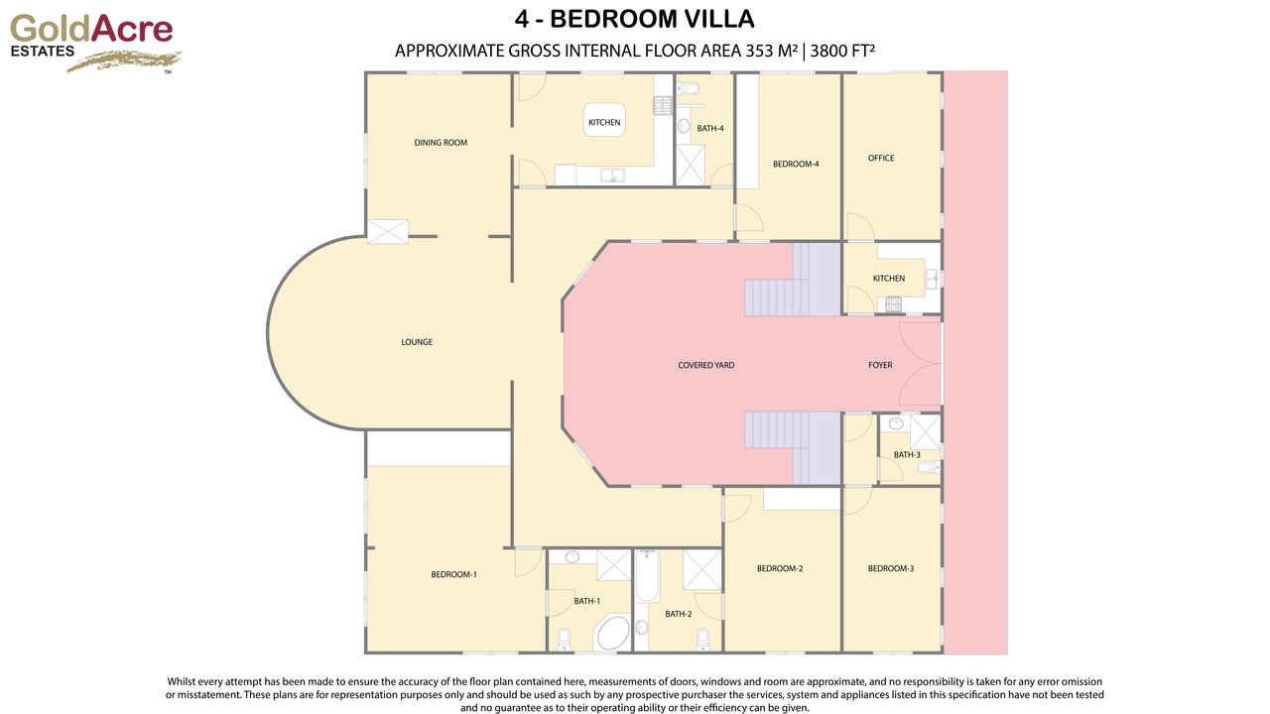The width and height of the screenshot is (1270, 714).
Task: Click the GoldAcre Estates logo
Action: pos(94,43)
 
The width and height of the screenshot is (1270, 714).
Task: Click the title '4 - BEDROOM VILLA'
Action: pos(635,19)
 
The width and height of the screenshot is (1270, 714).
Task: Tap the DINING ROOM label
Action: pos(441,143)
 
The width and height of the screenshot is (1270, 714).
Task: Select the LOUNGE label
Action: pos(417,342)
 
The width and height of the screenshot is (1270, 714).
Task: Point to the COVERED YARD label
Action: pos(705,365)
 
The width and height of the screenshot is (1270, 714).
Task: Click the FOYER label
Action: pos(880,365)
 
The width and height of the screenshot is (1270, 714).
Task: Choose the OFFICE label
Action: pos(881,158)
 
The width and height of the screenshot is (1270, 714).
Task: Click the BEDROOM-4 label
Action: pos(796,164)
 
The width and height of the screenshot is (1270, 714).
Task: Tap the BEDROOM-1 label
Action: pos(453,574)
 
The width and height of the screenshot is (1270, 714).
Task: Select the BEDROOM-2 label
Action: pos(780,568)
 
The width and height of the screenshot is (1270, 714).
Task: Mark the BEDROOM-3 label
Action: pos(891,568)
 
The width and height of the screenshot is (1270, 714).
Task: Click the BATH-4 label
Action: pos(710,128)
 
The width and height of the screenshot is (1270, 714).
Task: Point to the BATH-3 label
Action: pos(907,454)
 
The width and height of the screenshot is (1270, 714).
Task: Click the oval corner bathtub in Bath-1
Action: pos(611,632)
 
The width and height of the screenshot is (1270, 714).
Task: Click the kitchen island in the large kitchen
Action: pos(604,121)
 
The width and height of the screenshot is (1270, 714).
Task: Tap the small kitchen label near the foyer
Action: pos(889,279)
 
